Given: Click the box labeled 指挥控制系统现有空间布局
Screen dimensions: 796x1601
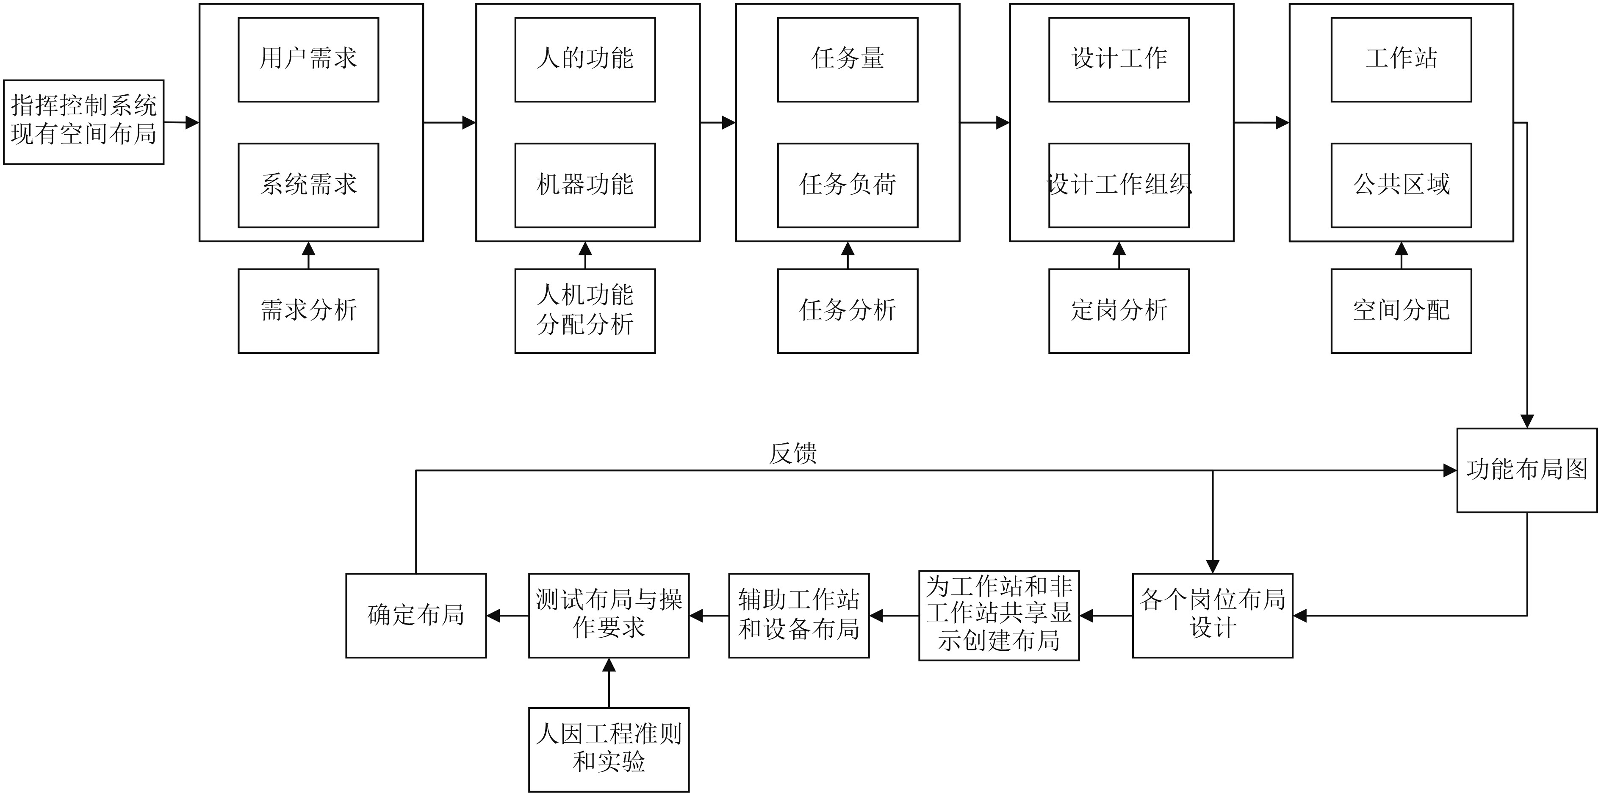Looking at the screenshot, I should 83,122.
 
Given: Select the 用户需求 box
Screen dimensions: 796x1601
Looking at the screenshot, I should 308,60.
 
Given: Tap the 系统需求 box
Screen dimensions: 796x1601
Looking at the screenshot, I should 308,185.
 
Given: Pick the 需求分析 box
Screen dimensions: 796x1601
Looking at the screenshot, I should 308,311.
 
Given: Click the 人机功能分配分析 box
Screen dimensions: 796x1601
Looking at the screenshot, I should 585,311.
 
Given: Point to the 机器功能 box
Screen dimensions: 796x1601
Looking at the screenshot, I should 585,185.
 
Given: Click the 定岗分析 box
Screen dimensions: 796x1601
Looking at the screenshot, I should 1119,311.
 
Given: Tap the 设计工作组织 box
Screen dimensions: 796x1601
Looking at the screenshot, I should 1119,185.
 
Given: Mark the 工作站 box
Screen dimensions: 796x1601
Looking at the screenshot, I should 1401,60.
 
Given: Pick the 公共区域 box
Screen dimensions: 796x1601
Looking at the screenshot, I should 1401,185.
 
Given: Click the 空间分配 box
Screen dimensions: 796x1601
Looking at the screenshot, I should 1401,311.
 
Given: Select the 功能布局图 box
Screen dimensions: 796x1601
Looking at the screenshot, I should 1526,470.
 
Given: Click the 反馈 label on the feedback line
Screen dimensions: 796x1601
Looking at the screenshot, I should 792,453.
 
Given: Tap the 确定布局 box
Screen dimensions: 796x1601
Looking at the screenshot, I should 416,615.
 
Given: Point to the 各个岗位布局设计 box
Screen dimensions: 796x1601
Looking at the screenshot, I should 1212,615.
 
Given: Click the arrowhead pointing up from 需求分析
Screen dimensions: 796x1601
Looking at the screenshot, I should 308,249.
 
